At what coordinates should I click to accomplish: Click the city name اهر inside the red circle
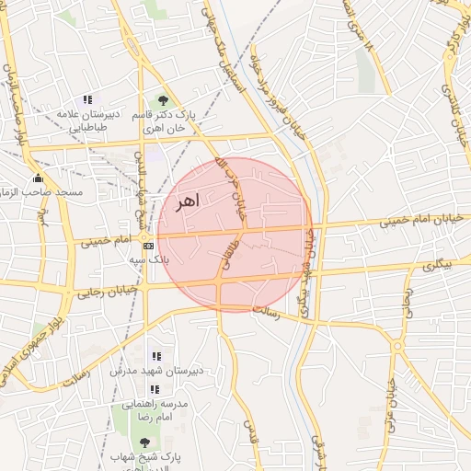(x=184, y=201)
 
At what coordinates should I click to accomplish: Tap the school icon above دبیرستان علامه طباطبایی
(x=87, y=99)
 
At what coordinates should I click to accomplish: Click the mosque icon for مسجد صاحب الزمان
(x=38, y=178)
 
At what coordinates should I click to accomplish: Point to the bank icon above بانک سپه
(x=147, y=246)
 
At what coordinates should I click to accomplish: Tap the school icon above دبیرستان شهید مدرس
(x=155, y=356)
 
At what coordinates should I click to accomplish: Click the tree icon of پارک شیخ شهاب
(x=144, y=442)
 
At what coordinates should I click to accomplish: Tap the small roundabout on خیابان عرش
(x=396, y=346)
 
